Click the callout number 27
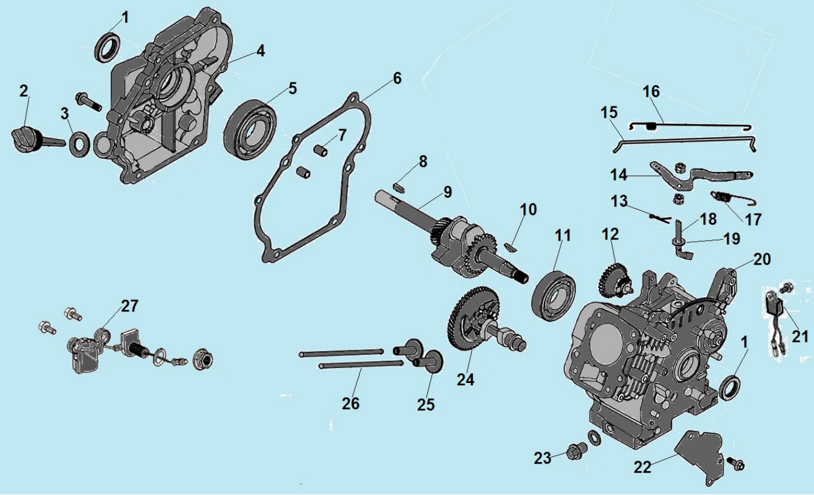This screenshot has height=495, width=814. tap(129, 306)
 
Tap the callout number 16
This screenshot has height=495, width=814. tap(651, 91)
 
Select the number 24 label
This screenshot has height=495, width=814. tap(466, 379)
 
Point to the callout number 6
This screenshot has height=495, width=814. tap(397, 78)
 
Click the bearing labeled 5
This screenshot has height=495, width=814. tap(250, 128)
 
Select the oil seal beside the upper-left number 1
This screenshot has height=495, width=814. tap(107, 46)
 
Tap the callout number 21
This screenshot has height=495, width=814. tap(800, 337)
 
